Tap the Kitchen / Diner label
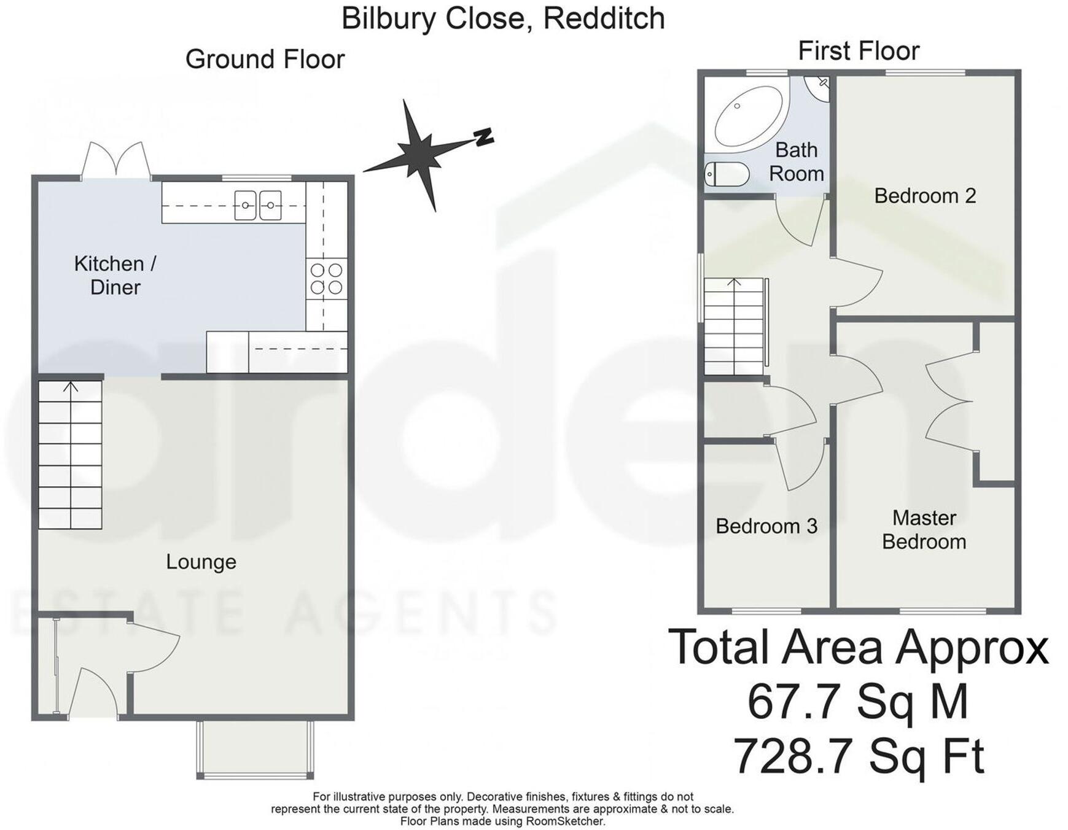[115, 275]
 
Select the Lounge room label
[201, 562]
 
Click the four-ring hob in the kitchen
[326, 278]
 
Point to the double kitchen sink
[258, 205]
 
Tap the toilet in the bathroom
[727, 174]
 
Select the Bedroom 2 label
[925, 196]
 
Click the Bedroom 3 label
[766, 526]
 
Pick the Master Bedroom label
[924, 530]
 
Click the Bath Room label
[797, 161]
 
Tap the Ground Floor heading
[265, 60]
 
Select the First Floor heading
[859, 51]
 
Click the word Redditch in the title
[604, 18]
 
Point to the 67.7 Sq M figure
[858, 701]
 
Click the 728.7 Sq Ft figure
[859, 756]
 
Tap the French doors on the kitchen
[116, 161]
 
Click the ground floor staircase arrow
[71, 387]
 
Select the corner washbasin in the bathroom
[819, 88]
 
